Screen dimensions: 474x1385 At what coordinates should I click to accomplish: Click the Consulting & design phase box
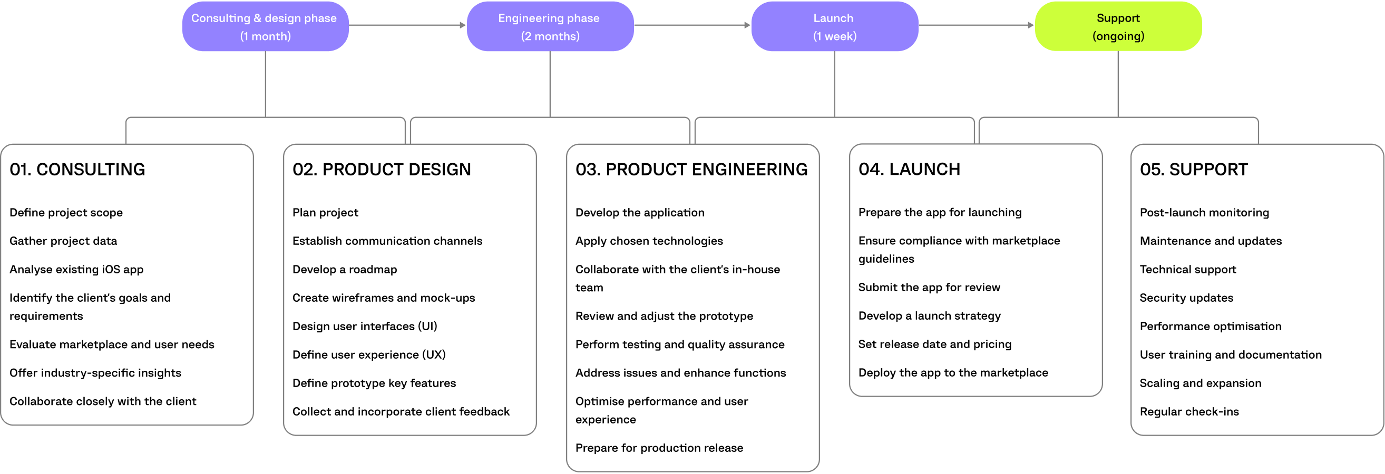[265, 26]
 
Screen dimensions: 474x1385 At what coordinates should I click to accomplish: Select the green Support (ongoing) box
[1118, 26]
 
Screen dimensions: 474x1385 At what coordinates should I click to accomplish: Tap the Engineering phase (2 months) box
[550, 26]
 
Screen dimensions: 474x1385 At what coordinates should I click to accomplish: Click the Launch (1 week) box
[834, 26]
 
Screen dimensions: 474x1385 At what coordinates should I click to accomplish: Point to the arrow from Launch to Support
[976, 25]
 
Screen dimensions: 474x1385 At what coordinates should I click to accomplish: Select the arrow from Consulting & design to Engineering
[407, 25]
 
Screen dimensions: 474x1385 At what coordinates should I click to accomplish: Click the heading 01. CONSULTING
[77, 169]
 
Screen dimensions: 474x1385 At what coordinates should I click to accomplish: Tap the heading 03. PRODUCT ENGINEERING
[691, 169]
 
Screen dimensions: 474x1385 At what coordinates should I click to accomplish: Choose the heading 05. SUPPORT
[1193, 169]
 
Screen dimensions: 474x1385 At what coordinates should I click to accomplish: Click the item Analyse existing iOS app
[76, 269]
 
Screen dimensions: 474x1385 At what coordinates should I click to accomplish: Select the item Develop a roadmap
[344, 269]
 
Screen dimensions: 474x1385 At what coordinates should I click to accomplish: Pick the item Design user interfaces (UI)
[365, 326]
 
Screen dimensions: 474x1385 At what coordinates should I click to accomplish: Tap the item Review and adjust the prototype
[664, 316]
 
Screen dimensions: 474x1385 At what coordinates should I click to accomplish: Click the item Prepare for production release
[659, 448]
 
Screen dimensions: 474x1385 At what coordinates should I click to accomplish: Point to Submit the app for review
[929, 287]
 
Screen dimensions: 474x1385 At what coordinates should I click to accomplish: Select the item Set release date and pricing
[934, 344]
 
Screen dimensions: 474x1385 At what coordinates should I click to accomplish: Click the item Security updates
[1186, 298]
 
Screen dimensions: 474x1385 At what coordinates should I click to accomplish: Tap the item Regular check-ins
[1189, 412]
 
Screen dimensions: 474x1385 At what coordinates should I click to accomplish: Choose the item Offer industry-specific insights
[95, 373]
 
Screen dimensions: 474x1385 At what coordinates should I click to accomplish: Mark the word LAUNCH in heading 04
[924, 169]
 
